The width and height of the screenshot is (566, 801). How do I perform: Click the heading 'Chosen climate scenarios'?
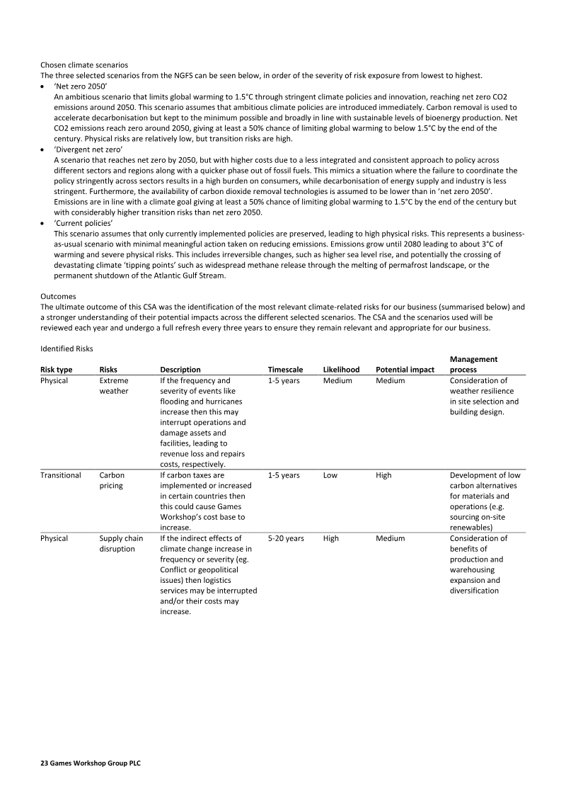(x=83, y=64)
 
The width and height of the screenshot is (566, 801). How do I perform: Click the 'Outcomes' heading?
(x=59, y=297)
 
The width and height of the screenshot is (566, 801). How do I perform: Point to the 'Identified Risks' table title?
(x=67, y=349)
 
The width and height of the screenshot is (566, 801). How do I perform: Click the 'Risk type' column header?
(x=57, y=370)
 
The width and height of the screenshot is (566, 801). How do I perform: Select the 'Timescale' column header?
(x=285, y=370)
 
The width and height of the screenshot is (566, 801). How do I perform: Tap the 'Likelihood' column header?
(x=341, y=370)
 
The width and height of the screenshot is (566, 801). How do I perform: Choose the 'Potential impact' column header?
(x=405, y=370)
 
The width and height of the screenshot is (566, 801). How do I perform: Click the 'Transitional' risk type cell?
(x=61, y=475)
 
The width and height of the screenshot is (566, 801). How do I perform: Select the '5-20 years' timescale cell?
(x=287, y=538)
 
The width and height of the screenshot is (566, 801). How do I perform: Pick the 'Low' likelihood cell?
(x=330, y=475)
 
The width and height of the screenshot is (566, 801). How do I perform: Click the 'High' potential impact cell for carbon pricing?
(x=383, y=475)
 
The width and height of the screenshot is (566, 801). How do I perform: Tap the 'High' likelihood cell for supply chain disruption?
(x=331, y=538)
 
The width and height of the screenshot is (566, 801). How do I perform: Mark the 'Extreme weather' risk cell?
(x=114, y=386)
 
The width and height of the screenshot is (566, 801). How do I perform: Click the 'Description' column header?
(x=180, y=370)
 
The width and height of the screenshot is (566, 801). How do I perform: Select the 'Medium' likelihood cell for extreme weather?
(x=337, y=380)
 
